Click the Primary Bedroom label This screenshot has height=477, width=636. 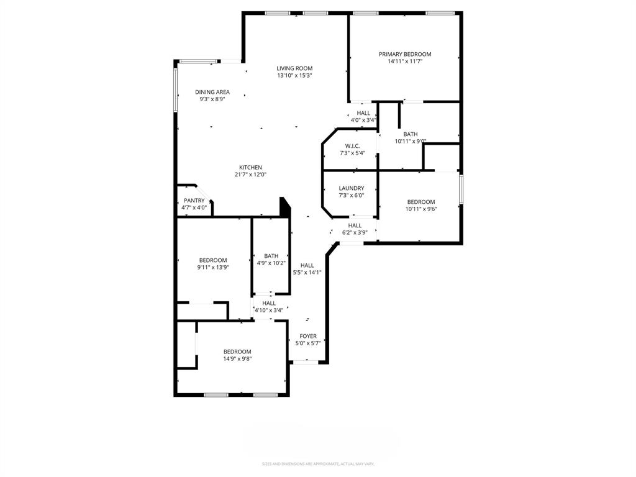(405, 54)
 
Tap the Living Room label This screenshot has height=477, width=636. (294, 68)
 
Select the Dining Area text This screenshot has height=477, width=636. (212, 92)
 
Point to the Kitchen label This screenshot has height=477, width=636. (251, 167)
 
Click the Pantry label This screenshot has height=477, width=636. (194, 201)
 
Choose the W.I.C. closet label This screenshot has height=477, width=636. (352, 146)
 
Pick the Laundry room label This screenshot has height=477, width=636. (352, 188)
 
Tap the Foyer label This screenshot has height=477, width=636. (308, 336)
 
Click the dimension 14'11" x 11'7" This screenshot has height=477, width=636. (405, 61)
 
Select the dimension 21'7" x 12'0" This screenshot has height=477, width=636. (251, 175)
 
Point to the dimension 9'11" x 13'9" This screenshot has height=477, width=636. (213, 268)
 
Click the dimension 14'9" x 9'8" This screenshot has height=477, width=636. (237, 358)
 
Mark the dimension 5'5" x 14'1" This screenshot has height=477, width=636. (307, 272)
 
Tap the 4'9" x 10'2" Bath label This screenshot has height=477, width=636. (271, 256)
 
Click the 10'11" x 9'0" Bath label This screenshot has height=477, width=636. (411, 134)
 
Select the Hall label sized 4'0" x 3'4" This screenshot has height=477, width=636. (363, 113)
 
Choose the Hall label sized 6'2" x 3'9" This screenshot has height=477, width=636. (355, 225)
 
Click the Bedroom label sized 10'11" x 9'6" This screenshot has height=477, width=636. (421, 202)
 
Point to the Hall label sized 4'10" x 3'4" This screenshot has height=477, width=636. (269, 303)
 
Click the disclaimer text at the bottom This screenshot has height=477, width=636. (318, 464)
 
